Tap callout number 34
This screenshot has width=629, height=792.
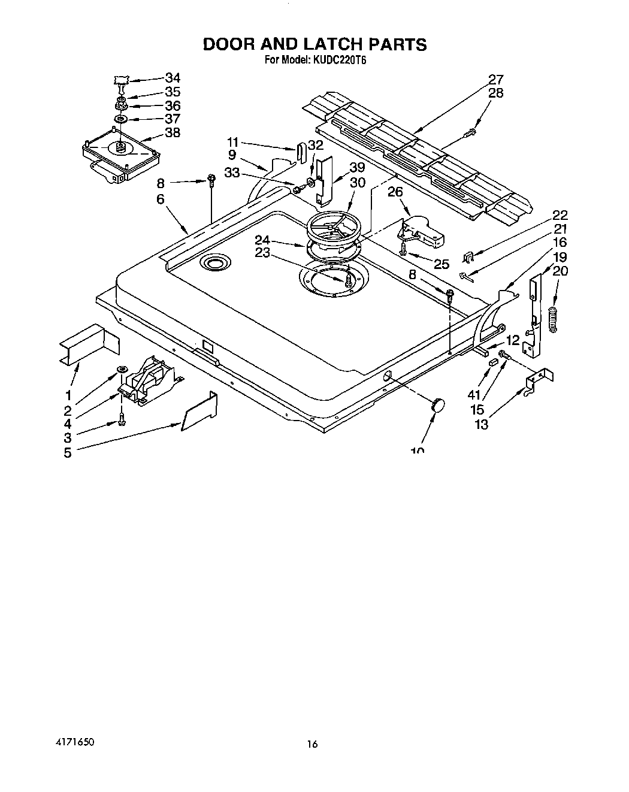coord(173,77)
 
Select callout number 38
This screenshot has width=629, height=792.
coord(173,132)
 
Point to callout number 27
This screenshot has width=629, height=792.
coord(495,79)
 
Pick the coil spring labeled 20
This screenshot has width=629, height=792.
coord(552,316)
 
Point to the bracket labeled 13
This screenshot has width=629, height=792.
coord(539,381)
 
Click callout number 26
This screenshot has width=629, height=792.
coord(395,193)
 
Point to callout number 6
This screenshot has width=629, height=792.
coord(161,199)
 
